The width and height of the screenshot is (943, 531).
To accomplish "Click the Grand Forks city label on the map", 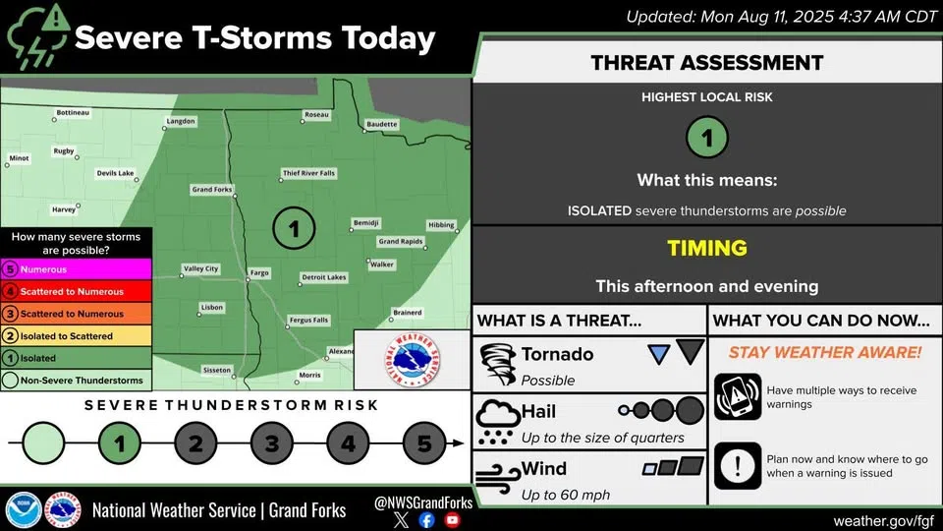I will (x=210, y=189).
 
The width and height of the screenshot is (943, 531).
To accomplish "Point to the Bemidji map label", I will (x=365, y=223).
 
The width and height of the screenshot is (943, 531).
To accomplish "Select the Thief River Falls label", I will (x=308, y=173).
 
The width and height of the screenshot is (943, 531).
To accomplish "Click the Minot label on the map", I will (x=19, y=157).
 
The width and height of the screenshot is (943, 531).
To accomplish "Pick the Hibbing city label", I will (x=441, y=225).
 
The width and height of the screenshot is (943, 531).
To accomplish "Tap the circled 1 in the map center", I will (x=293, y=229).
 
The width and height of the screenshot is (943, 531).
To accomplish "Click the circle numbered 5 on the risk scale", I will (x=424, y=443).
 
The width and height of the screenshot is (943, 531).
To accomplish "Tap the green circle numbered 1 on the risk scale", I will (x=120, y=443).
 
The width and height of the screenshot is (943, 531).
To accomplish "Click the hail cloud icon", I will (x=497, y=422).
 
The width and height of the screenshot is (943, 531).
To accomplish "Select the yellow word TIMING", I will (x=707, y=249).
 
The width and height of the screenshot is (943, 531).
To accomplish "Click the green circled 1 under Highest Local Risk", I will (x=707, y=137).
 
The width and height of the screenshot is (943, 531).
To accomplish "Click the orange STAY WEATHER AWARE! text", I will (x=824, y=352).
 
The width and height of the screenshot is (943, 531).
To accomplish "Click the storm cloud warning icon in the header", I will (x=37, y=36).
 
